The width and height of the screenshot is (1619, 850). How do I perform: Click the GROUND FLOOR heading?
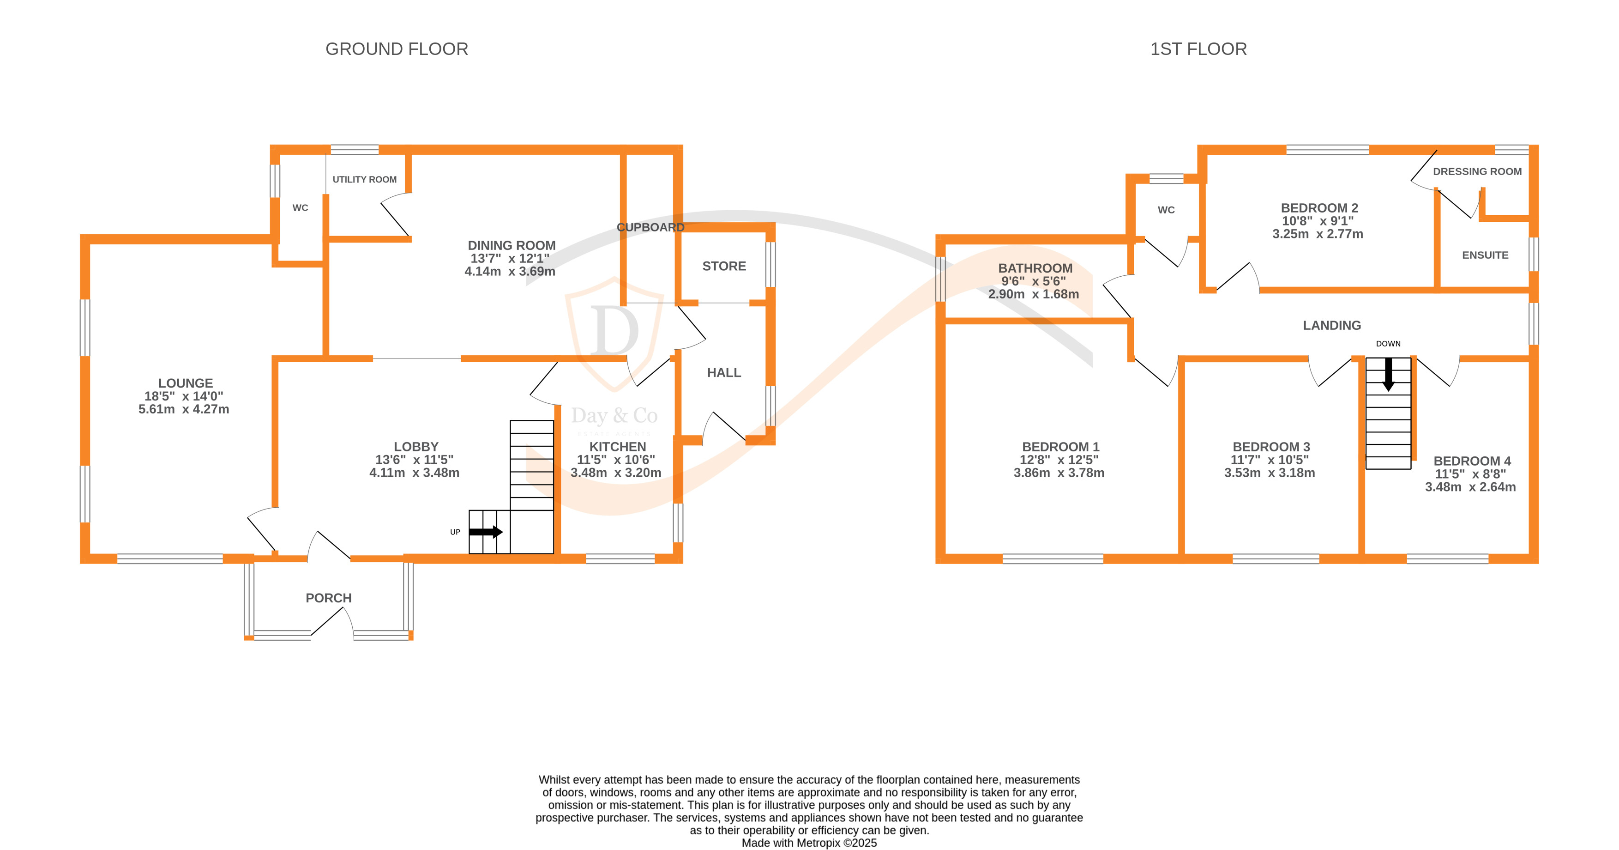397,49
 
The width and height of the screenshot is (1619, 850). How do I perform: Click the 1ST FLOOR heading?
1198,49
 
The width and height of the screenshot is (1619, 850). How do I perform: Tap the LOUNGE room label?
186,383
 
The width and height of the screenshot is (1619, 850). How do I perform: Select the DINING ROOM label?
512,245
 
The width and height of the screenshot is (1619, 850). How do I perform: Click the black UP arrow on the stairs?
486,532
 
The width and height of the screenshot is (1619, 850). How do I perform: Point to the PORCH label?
328,598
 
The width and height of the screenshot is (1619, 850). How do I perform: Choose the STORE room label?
724,266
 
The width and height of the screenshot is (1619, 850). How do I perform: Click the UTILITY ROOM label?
365,180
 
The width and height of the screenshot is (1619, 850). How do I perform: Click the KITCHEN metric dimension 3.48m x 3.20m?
616,473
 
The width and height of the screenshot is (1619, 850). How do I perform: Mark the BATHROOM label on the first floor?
1035,268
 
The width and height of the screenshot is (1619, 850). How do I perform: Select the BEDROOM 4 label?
1472,461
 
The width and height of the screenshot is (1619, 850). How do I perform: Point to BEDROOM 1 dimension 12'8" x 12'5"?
1059,460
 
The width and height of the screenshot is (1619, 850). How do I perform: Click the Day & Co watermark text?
614,416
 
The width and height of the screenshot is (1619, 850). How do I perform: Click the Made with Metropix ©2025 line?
809,843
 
